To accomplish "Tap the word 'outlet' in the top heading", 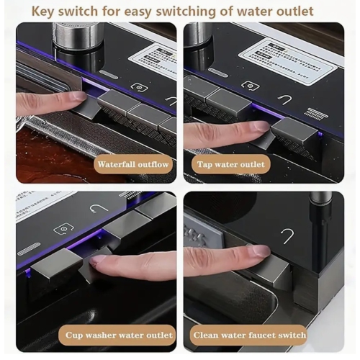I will pos(293,10).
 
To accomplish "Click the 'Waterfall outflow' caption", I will pos(134,164).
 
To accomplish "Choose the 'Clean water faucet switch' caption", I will pos(249,336).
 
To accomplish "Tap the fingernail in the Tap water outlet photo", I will pos(258,127).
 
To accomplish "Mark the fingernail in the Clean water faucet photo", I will pos(258,251).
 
